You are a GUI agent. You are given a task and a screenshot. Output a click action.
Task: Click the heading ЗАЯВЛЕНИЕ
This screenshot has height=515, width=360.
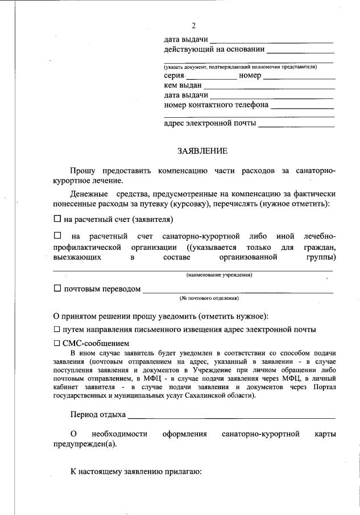(x=202, y=151)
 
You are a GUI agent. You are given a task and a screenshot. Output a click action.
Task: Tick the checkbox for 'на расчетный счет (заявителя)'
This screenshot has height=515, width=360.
(x=57, y=219)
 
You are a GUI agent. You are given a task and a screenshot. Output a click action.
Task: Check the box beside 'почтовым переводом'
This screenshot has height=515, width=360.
(x=57, y=289)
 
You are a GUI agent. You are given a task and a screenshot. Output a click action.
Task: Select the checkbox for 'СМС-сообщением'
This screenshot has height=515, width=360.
(x=56, y=343)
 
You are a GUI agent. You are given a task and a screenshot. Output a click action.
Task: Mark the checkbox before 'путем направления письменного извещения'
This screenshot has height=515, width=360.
(x=56, y=329)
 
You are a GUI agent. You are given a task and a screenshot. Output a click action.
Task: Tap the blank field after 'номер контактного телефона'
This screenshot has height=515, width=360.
(x=302, y=106)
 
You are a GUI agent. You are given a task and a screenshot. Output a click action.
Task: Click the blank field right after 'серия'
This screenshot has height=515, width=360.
(x=211, y=77)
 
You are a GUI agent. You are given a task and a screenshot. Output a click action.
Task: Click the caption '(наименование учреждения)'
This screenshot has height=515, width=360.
(x=220, y=275)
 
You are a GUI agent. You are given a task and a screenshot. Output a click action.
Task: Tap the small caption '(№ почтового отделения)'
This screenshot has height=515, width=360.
(x=209, y=298)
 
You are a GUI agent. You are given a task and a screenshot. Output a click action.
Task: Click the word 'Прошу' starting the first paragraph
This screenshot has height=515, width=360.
(x=83, y=171)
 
